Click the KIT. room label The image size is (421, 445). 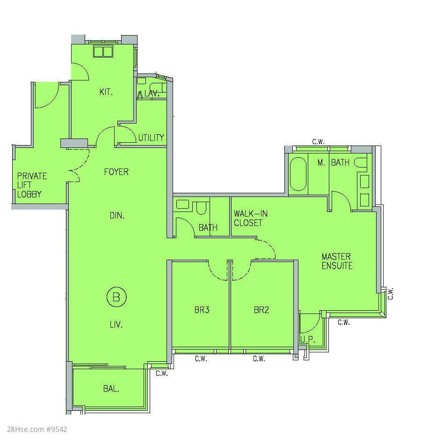coord(106,92)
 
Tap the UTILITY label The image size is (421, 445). coord(151,138)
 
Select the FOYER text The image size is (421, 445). coord(116,172)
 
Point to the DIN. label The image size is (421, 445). coord(117,216)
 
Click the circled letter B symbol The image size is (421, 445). coord(116,297)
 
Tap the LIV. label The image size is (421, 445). coord(116,324)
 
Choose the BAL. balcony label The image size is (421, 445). coord(111,388)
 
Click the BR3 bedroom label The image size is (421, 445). coord(202,310)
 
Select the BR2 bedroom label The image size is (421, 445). coord(261,310)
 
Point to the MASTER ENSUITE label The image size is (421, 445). coord(337,262)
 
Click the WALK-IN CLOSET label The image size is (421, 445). coord(251,218)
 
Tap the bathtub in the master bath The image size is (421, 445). coord(298,174)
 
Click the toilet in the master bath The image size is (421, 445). coord(360,163)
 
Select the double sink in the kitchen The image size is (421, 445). coord(103,51)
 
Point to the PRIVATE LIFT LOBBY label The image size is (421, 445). coord(32,185)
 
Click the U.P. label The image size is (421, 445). coord(307,339)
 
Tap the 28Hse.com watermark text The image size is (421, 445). coord(37,429)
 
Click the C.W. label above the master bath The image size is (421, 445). coord(318,142)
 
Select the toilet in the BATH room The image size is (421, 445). coord(201,208)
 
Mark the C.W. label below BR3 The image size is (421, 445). coord(201,359)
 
